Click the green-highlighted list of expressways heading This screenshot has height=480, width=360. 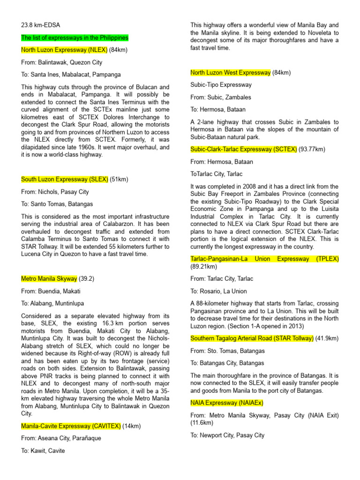coord(75,37)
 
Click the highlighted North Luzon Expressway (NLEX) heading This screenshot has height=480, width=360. coord(64,50)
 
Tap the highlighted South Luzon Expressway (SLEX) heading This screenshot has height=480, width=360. coord(65,179)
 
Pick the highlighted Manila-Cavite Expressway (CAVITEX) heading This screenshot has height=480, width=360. coord(71,426)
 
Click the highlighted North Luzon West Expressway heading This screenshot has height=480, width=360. coord(230,72)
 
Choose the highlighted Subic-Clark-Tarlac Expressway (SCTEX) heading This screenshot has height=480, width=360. coord(244,149)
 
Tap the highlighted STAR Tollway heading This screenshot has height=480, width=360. coord(252,338)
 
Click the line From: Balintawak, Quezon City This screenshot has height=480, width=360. coord(61,62)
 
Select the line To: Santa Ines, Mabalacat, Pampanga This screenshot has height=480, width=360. coord(71,75)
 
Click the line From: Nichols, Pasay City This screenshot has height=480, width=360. coord(55,192)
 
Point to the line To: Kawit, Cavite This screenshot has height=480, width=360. coord(43,450)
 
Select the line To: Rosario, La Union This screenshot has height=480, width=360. coord(218,291)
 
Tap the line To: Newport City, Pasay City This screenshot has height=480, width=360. coord(227,435)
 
